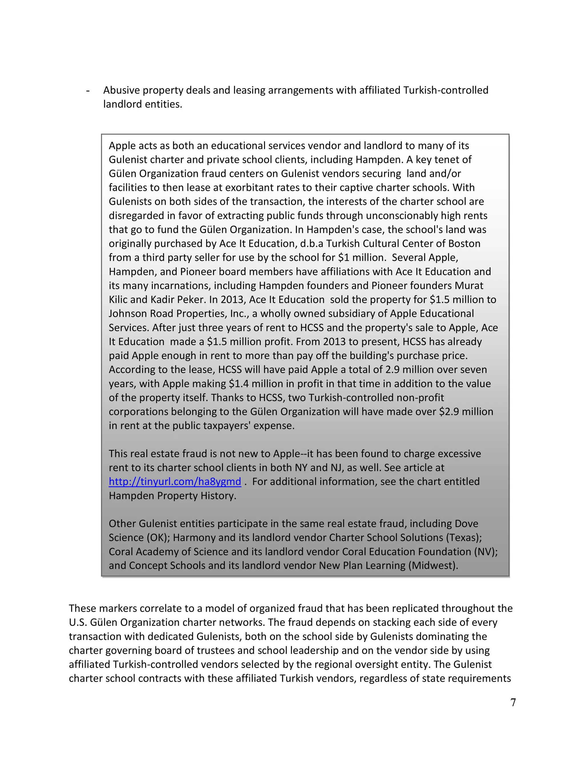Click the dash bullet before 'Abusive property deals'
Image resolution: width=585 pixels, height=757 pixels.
(88, 91)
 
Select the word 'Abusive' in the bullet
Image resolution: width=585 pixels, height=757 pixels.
(121, 90)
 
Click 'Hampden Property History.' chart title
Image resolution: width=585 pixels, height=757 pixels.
(172, 496)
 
